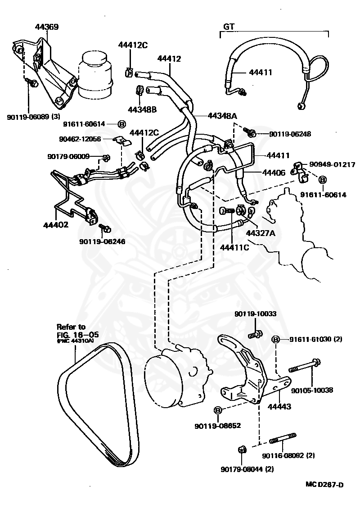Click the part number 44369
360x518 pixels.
47,27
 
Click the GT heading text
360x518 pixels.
229,26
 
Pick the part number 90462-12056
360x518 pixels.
80,139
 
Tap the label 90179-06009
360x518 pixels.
68,156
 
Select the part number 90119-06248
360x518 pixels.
290,134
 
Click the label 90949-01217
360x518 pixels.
331,164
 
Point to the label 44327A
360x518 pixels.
260,233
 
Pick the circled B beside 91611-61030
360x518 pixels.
276,339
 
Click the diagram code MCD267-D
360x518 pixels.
324,485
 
